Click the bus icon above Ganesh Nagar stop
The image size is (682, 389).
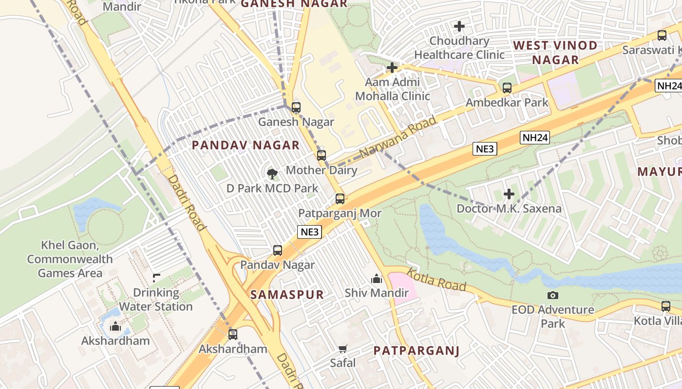coord(296,107)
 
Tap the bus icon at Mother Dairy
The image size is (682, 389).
coord(321,156)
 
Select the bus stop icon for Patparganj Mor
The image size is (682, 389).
coord(340,198)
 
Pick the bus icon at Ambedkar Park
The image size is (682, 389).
coord(507,88)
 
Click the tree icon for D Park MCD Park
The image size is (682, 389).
coord(272,173)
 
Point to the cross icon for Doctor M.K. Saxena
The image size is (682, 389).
coord(509,194)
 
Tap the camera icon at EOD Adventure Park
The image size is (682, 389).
coord(553,295)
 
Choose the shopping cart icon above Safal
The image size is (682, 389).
coord(343,349)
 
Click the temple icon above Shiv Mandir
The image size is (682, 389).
coord(377,279)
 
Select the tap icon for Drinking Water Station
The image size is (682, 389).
coord(156,278)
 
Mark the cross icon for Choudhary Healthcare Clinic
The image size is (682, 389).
coord(459,26)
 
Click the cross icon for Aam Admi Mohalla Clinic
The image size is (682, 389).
coord(392,68)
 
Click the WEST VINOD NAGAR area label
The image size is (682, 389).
coord(555,53)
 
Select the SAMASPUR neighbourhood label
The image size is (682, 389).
coord(287,295)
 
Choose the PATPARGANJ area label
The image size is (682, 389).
coord(417,351)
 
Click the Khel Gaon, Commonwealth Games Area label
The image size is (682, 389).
coord(70,259)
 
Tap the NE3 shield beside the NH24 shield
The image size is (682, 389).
coord(485,149)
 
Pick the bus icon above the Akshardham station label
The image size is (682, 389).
coord(233,334)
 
